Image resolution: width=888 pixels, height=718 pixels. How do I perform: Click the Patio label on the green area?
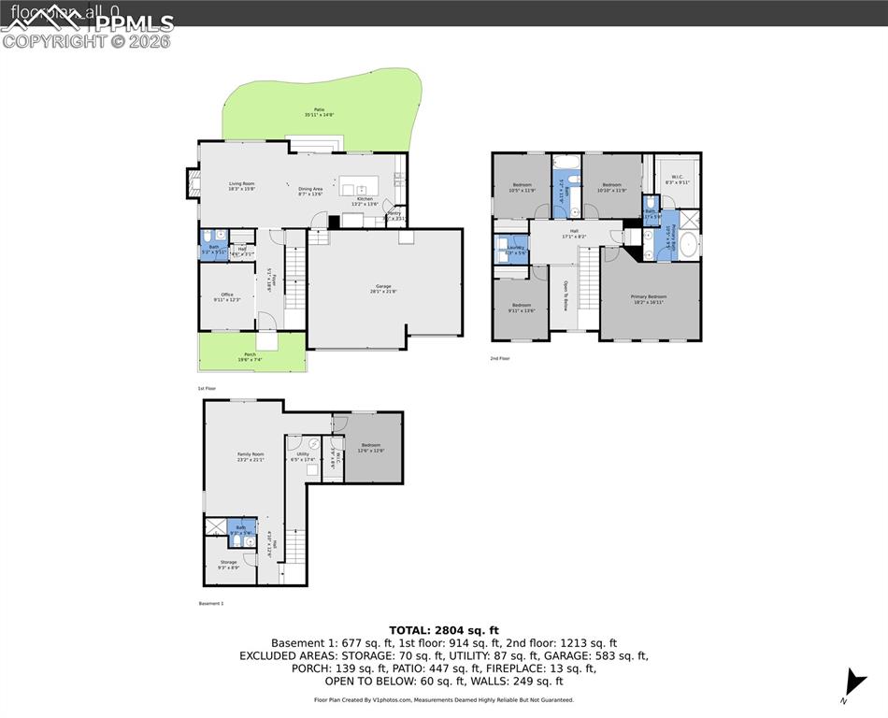pyautogui.click(x=319, y=112)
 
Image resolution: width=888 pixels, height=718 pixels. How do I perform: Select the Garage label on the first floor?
pyautogui.click(x=383, y=288)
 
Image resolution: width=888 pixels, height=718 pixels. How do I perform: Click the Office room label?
pyautogui.click(x=227, y=296)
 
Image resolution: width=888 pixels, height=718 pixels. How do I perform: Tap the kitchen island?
pyautogui.click(x=360, y=184)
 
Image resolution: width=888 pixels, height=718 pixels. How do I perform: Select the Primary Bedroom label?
pyautogui.click(x=650, y=298)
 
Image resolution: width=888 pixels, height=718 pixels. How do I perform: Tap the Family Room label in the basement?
pyautogui.click(x=251, y=456)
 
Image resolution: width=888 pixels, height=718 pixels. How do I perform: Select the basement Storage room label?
pyautogui.click(x=228, y=565)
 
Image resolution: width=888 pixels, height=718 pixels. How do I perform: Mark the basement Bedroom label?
pyautogui.click(x=371, y=447)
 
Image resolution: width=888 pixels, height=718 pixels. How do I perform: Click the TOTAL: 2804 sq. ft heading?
pyautogui.click(x=444, y=629)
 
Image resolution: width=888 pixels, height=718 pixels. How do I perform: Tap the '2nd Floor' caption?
pyautogui.click(x=500, y=358)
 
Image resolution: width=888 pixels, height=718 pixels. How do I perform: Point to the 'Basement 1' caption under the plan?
pyautogui.click(x=210, y=604)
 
